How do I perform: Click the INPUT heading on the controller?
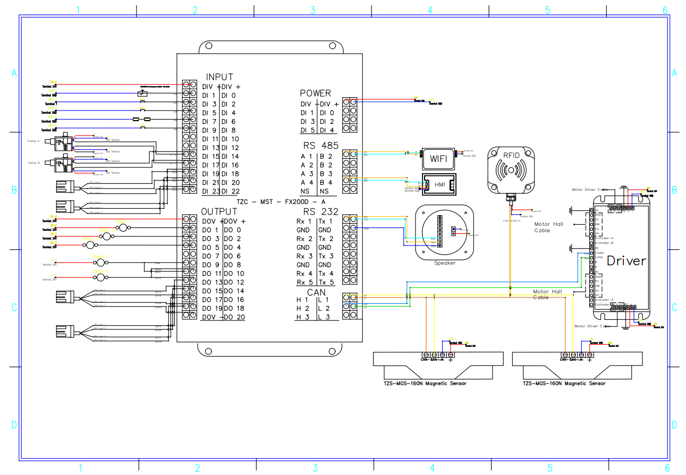point(219,77)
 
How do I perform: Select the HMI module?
point(439,184)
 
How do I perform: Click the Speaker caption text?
point(444,263)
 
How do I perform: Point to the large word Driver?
point(626,261)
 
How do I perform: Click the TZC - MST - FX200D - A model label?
point(281,201)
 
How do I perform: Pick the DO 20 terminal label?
point(234,317)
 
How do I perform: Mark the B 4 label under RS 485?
point(326,183)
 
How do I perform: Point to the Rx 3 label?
point(304,256)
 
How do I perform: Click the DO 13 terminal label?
point(211,282)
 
